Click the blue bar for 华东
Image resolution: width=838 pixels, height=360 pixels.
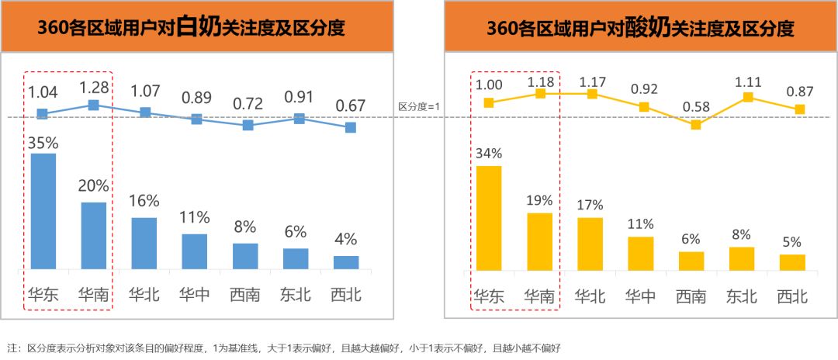click(x=43, y=211)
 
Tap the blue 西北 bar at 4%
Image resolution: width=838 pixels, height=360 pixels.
click(x=346, y=262)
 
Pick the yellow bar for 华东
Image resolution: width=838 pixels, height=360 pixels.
click(x=489, y=217)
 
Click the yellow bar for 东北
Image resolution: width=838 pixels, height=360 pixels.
click(x=742, y=258)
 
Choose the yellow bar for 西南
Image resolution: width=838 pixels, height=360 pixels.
click(x=691, y=261)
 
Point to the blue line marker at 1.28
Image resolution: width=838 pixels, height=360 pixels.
click(x=93, y=105)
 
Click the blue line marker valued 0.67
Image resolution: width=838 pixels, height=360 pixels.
click(x=351, y=126)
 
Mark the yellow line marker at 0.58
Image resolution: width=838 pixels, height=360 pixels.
click(x=696, y=124)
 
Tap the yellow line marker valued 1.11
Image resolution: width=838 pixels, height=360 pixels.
click(x=748, y=97)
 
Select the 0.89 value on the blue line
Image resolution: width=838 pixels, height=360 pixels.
click(x=196, y=99)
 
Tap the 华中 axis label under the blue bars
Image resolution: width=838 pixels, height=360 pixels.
click(x=194, y=295)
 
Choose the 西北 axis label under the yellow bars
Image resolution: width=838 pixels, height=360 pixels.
click(x=792, y=296)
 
